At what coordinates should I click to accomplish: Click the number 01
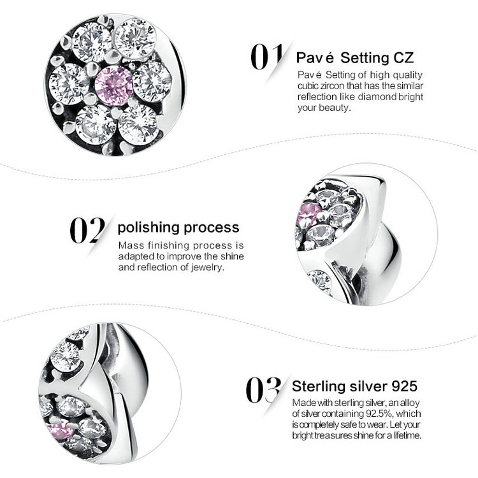coord(266,57)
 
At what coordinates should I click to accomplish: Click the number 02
coord(87,230)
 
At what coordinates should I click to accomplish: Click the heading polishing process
coord(178,228)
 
